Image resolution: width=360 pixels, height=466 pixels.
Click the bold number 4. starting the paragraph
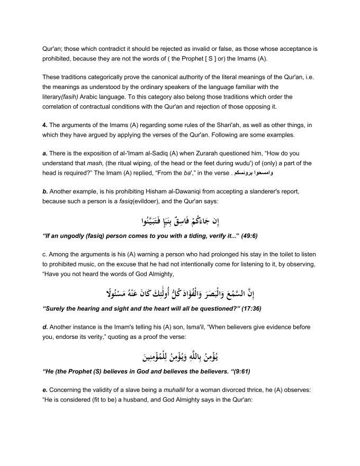pyautogui.click(x=45, y=125)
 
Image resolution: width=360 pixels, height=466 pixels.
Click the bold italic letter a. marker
pyautogui.click(x=44, y=153)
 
